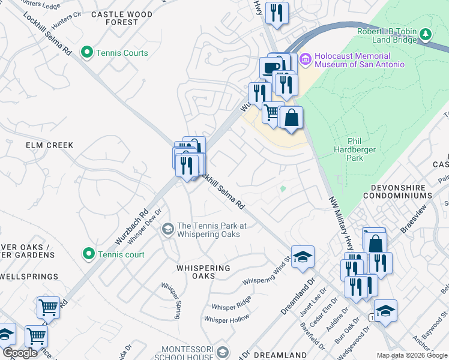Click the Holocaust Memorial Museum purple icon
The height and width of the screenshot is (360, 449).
[305, 58]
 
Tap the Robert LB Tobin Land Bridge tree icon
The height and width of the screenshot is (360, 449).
[426, 34]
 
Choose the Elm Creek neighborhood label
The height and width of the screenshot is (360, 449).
[49, 145]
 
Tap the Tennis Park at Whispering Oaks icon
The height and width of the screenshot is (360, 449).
[169, 228]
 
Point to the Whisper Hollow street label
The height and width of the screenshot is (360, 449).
[227, 319]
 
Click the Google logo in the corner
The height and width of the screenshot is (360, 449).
[20, 353]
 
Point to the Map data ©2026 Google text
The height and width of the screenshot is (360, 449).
[412, 355]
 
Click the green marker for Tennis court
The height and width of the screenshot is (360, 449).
[89, 254]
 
